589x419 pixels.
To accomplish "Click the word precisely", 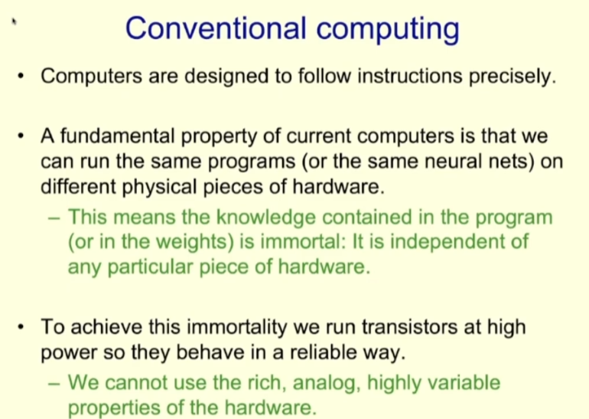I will pos(508,78).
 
